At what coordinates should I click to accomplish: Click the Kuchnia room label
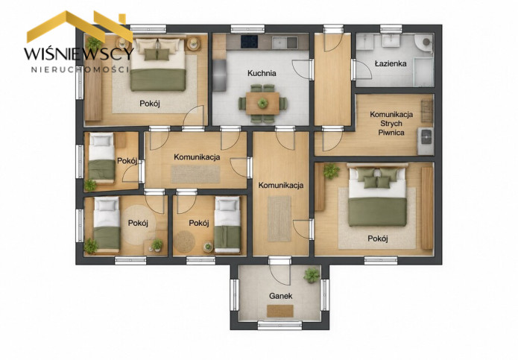tap(262, 73)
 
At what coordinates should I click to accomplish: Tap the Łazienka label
tap(391, 63)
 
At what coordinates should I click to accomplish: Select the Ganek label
tap(280, 296)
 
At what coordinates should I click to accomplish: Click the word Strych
tap(391, 124)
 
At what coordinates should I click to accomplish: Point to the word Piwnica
tap(391, 133)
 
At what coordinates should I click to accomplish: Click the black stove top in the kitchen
tap(250, 41)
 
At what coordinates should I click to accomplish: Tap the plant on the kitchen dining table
tap(262, 103)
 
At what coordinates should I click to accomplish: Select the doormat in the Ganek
tap(280, 311)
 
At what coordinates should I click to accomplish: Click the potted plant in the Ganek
tap(312, 275)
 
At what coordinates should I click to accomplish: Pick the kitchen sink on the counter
tap(285, 42)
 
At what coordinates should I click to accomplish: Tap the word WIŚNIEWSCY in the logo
tap(78, 54)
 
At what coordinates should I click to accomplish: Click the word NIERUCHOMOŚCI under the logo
tap(80, 69)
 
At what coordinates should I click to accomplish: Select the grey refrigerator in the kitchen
tap(219, 75)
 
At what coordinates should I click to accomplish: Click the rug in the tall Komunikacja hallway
tap(279, 218)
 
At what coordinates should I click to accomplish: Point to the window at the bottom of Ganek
tap(279, 325)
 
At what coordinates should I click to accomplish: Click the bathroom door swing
tap(363, 69)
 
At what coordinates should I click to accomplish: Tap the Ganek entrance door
tap(279, 271)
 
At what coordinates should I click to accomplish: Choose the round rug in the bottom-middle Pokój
tap(184, 241)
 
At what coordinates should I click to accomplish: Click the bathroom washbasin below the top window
tap(391, 41)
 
